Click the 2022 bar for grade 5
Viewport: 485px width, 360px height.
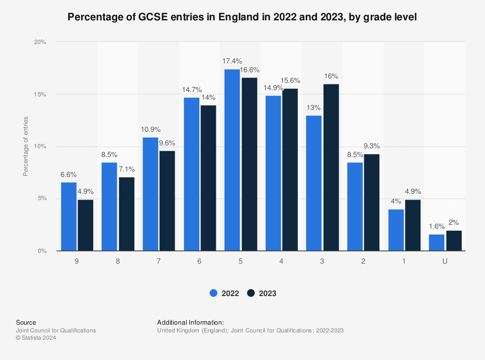pos(232,160)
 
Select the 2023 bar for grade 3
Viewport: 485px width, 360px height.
pos(331,167)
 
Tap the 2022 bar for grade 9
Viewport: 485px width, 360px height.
pos(68,217)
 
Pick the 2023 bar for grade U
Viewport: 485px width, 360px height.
pos(453,241)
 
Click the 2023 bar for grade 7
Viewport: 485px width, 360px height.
pos(167,201)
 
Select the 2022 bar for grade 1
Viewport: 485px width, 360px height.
pos(396,230)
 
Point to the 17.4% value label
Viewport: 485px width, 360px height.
pos(232,61)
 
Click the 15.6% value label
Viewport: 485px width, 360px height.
pos(291,80)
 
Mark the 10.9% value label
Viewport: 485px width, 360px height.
pos(150,129)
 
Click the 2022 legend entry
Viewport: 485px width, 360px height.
pos(225,293)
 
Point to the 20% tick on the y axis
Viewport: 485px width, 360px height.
pos(40,42)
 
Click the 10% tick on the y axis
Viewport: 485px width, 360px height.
pos(40,146)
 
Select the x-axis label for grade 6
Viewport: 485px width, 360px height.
pos(199,261)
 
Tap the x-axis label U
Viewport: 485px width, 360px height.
pos(445,261)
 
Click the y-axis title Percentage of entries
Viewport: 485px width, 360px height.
pos(26,146)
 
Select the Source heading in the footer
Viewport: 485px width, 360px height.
pos(26,322)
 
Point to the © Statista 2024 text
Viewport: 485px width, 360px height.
pos(36,338)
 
